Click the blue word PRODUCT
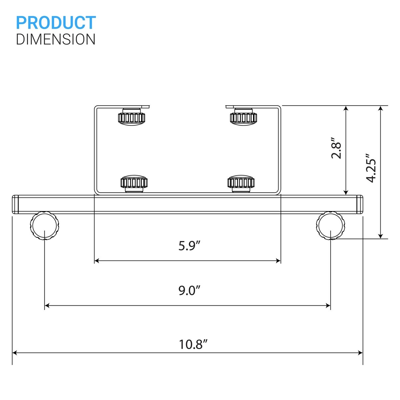56,23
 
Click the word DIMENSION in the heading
56,39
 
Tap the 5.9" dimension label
189,246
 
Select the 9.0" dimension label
189,290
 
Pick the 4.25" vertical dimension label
371,168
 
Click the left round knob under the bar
45,225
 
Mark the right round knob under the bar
330,225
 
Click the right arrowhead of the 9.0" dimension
328,305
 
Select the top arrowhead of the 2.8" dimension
346,109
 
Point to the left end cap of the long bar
15,204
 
